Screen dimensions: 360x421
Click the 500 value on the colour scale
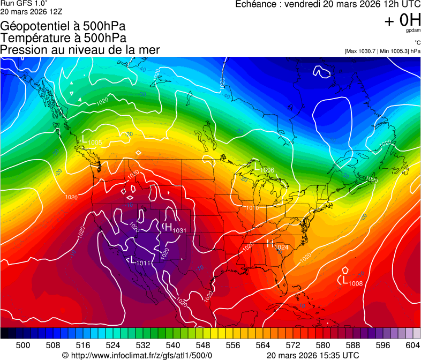[x=23, y=345]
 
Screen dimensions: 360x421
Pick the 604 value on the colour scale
[x=411, y=345]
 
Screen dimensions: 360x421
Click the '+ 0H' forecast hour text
[x=402, y=20]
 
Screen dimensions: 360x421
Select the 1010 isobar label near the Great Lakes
[x=253, y=207]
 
